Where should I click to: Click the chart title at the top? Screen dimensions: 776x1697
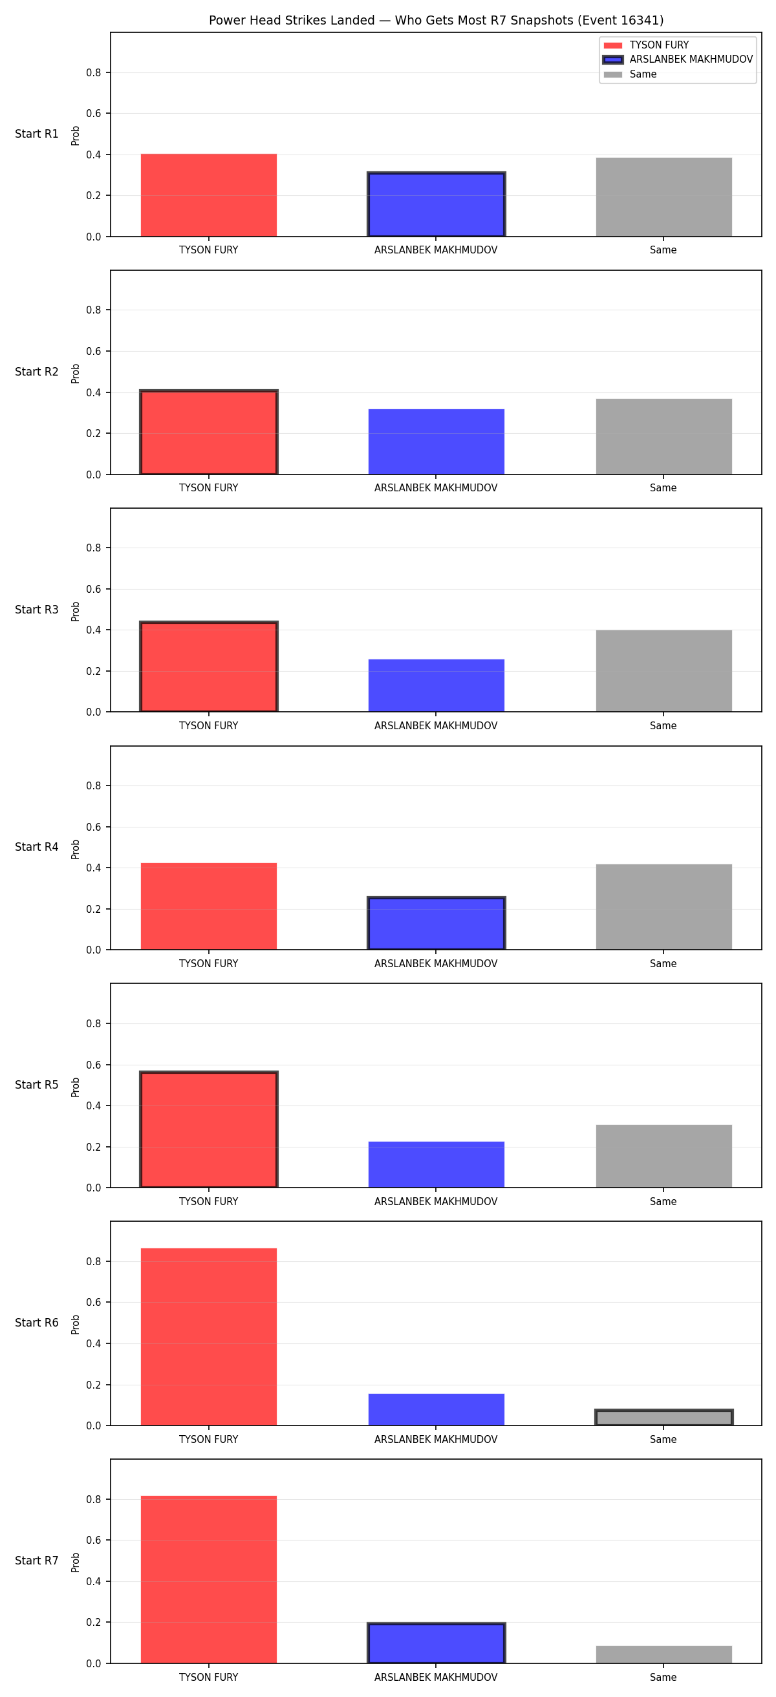tap(436, 21)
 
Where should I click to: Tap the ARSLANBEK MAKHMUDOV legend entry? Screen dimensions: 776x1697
tap(678, 59)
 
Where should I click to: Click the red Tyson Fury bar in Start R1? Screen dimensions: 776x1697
tap(209, 195)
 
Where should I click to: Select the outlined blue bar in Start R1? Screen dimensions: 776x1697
tap(436, 204)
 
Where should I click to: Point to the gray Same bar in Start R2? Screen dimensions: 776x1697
tap(663, 436)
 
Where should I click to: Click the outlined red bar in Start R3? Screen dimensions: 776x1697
tap(209, 667)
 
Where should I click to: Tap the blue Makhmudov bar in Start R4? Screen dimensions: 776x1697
tap(436, 923)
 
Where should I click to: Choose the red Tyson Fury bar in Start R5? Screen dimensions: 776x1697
tap(209, 1129)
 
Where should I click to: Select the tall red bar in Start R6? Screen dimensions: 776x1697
tap(209, 1337)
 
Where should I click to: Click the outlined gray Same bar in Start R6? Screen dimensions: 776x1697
tap(663, 1418)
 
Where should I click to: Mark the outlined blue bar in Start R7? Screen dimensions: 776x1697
tap(436, 1643)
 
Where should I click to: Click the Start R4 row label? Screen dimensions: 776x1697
tap(37, 847)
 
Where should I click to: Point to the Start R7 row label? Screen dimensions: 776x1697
tap(37, 1561)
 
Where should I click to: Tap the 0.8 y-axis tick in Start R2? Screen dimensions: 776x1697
tap(94, 310)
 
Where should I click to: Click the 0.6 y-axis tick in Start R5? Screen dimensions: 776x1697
tap(94, 1065)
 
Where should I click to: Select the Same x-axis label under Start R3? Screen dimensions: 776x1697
tap(663, 726)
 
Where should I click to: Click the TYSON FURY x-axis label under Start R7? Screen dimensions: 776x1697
tap(209, 1677)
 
